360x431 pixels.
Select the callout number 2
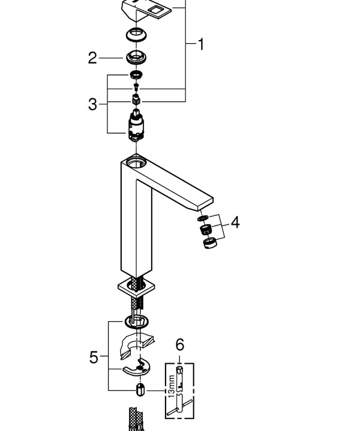click(92, 58)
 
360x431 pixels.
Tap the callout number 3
click(92, 104)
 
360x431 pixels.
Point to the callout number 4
click(235, 222)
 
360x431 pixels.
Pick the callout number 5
click(93, 357)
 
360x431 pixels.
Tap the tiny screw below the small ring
click(137, 87)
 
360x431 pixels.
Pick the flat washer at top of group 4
click(205, 218)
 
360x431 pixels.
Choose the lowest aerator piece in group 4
click(209, 243)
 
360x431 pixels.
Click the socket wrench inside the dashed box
click(178, 390)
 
